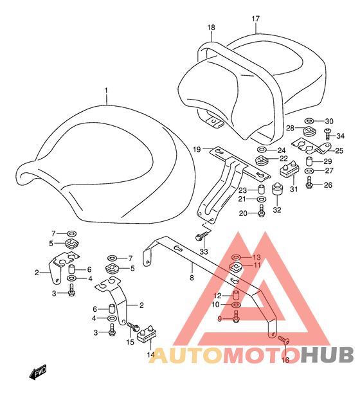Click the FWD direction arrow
38,372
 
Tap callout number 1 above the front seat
106,91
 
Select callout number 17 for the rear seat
256,19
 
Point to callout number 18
212,28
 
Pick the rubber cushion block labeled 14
147,334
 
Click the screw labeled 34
328,134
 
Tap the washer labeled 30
309,122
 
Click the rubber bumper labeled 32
277,190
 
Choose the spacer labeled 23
261,190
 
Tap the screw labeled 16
283,339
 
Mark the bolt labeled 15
133,327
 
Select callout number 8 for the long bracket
192,278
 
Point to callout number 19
197,150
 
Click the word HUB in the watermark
327,355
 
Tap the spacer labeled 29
309,161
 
